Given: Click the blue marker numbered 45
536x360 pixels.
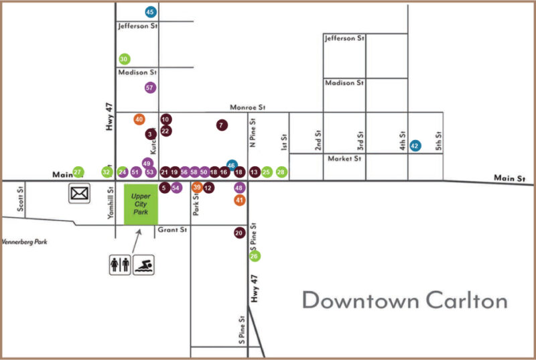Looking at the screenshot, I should coord(150,12).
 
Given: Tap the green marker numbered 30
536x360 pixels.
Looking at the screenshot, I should coord(124,59).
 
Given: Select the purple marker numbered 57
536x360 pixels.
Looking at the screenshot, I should coord(150,87).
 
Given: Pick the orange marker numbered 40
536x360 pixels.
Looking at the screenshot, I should coord(139,119).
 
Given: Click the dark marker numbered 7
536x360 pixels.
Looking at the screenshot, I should coord(222,125).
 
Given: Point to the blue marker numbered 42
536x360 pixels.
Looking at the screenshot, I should coord(415,145).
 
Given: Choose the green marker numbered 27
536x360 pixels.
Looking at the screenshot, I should coord(78,172).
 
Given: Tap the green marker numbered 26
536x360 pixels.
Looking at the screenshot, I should coord(254,255).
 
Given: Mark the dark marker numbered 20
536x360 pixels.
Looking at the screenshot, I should coord(239,233).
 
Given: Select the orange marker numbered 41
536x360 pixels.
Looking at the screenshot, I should coord(240,200).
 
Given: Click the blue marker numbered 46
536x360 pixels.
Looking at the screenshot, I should coord(232,164).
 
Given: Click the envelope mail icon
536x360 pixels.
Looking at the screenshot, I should coord(80,194).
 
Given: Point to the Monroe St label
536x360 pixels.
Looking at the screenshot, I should coord(248,107).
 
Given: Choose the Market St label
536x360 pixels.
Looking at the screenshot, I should coord(344,159).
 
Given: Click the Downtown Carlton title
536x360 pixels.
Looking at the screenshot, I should coord(404,300).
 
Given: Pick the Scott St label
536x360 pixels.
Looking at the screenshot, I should coord(21,200).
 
